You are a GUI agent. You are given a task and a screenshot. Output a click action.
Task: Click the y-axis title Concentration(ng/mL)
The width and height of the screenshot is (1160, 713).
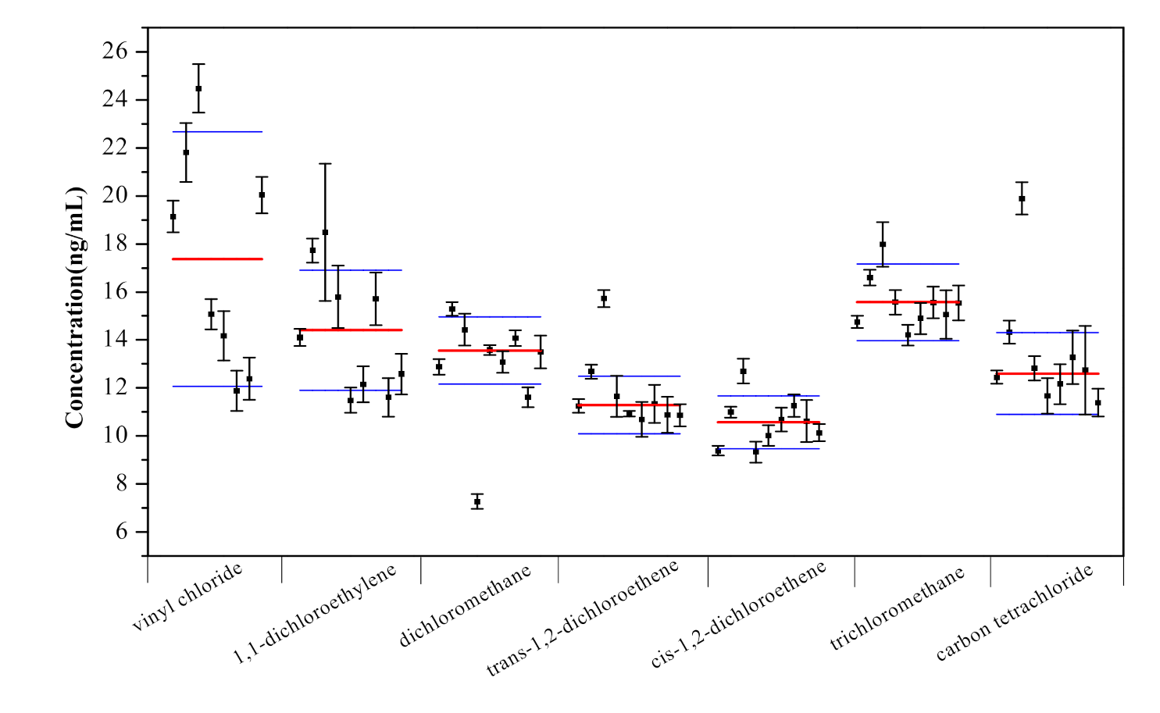tap(75, 307)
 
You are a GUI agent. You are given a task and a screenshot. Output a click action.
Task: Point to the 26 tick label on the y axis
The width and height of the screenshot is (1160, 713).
tap(115, 52)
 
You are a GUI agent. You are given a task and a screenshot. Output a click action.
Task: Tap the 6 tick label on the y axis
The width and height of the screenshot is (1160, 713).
tap(121, 532)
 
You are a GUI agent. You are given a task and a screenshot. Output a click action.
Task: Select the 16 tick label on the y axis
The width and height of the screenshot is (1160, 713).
tap(115, 292)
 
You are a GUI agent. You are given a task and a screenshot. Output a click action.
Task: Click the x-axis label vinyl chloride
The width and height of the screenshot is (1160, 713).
tap(188, 597)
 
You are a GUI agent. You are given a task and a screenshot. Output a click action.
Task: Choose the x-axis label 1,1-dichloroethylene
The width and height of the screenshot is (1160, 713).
tap(315, 614)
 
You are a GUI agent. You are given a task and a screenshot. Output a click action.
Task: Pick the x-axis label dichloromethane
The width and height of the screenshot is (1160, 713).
tap(466, 605)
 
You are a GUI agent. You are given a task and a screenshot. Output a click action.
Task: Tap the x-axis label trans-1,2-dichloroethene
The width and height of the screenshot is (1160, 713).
tap(583, 618)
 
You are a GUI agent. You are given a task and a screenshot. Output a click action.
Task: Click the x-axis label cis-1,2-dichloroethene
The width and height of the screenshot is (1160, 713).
tap(738, 615)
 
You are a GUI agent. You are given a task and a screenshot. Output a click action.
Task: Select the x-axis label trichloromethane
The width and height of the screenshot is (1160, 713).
tap(898, 608)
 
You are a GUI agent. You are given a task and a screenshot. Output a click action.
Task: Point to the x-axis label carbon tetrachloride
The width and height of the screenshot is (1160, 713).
tap(1015, 613)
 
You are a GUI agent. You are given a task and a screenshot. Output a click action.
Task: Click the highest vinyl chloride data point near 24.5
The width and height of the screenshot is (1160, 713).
tap(198, 89)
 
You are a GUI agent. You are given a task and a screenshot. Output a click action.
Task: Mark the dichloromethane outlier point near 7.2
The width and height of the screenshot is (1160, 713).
tap(477, 501)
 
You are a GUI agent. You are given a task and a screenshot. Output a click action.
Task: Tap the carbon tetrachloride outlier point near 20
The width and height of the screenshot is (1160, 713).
tap(1022, 198)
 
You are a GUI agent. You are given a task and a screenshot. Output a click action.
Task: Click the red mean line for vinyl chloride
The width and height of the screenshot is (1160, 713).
tap(217, 258)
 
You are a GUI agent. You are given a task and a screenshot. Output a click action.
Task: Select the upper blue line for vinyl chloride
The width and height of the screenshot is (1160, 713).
tap(217, 132)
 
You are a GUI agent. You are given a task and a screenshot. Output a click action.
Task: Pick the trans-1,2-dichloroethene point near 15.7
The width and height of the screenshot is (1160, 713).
tap(604, 298)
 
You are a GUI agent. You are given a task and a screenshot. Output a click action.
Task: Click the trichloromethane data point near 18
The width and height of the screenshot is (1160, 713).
tap(883, 244)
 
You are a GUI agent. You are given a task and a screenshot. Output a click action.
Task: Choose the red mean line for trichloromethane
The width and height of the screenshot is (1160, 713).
tap(908, 301)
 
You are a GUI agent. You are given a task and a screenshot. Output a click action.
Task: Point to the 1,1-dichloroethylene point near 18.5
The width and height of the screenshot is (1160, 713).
tap(325, 233)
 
